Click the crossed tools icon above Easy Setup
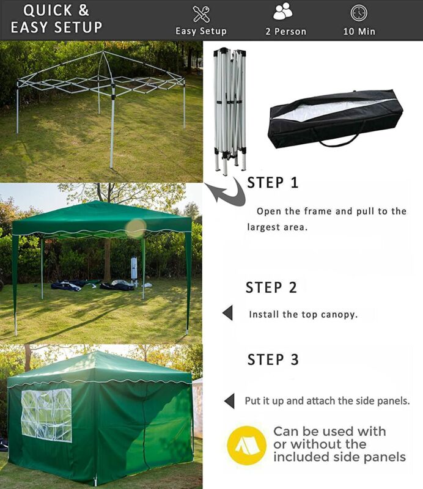tap(201, 13)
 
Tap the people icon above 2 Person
tap(282, 11)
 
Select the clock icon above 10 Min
tap(359, 13)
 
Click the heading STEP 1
tap(273, 183)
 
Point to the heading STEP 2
tap(271, 287)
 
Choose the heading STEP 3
tap(273, 359)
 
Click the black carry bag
tap(336, 119)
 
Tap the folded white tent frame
tap(230, 111)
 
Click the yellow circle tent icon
tap(247, 446)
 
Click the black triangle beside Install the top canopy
tap(228, 313)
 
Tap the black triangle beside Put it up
tap(229, 401)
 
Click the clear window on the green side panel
tap(46, 416)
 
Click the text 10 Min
tap(359, 32)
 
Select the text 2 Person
tap(285, 32)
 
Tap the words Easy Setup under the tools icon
tap(201, 31)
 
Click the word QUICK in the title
tap(48, 10)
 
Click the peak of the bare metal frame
tap(103, 51)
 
